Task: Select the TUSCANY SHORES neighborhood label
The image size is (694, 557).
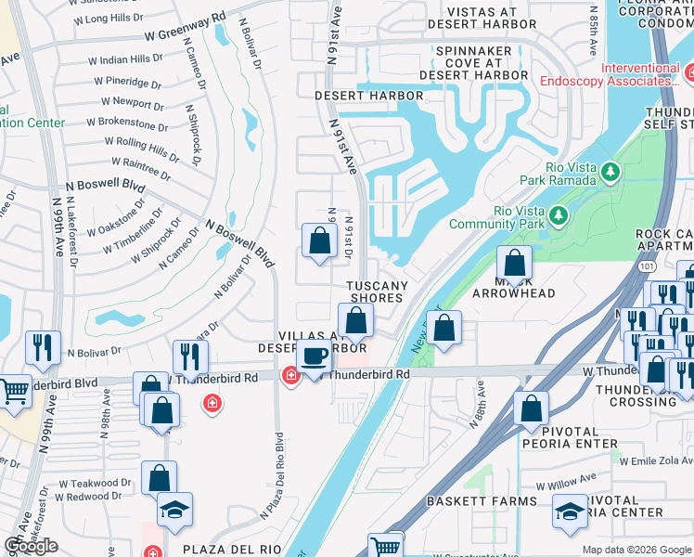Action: [x=375, y=291]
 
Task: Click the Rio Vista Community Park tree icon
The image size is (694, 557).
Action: [x=558, y=216]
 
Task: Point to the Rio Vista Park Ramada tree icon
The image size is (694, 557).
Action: [x=610, y=172]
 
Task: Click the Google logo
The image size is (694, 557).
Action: [x=31, y=546]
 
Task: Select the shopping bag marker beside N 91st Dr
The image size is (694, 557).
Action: [x=319, y=241]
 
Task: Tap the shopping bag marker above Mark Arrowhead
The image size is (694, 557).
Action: [x=514, y=263]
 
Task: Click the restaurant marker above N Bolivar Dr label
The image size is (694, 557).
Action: [x=43, y=348]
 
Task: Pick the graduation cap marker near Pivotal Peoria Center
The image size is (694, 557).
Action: [x=570, y=510]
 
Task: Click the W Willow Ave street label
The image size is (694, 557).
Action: [x=569, y=486]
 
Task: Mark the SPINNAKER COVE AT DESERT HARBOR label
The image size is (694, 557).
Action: [x=473, y=62]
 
